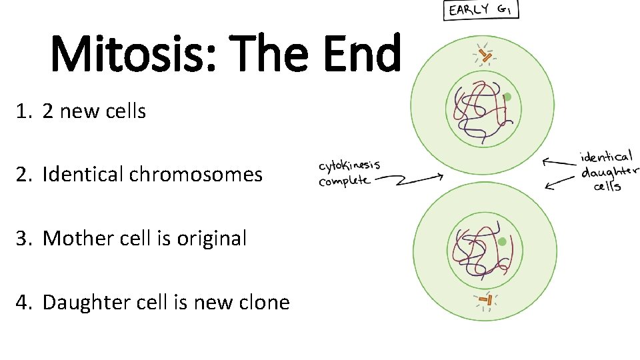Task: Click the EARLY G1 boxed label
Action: tap(481, 10)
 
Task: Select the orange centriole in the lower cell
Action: tap(487, 301)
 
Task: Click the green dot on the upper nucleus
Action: tap(507, 97)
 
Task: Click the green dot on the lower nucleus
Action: tap(501, 241)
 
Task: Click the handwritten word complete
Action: tap(344, 181)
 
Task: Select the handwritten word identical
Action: tap(607, 157)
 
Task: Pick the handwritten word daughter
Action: tap(609, 172)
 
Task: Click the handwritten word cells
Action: tap(607, 187)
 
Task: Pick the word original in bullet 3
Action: tap(211, 238)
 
